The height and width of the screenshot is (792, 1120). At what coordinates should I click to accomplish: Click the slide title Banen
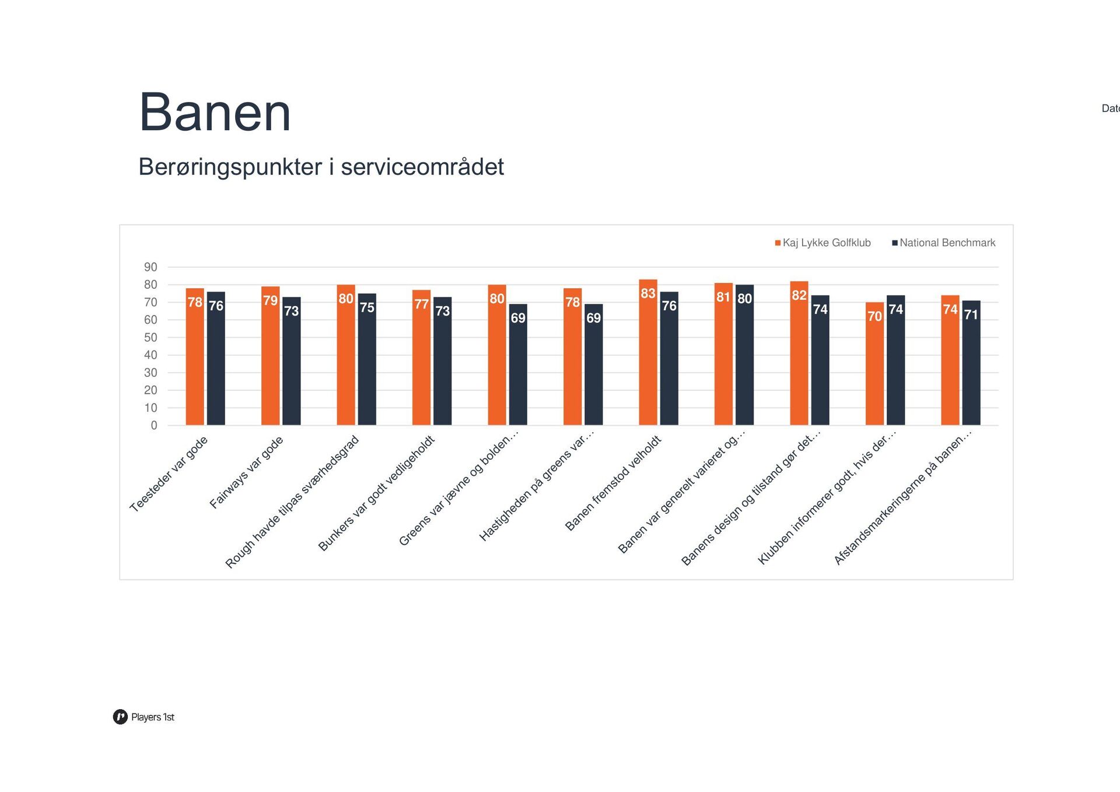(x=215, y=113)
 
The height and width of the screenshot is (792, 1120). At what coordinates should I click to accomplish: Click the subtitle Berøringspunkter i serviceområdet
(x=321, y=167)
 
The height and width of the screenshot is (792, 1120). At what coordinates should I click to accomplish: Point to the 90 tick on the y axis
(x=150, y=267)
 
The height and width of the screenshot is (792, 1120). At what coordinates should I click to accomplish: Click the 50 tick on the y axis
(x=150, y=337)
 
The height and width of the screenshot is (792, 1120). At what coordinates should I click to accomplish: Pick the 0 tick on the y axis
(x=153, y=425)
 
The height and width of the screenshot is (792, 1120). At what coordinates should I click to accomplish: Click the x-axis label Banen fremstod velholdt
(x=613, y=483)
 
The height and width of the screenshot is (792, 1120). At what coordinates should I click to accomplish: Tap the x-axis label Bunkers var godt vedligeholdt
(x=377, y=493)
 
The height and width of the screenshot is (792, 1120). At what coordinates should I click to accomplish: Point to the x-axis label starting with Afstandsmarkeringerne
(x=902, y=497)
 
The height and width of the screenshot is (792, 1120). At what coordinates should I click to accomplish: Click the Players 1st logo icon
(x=120, y=717)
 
